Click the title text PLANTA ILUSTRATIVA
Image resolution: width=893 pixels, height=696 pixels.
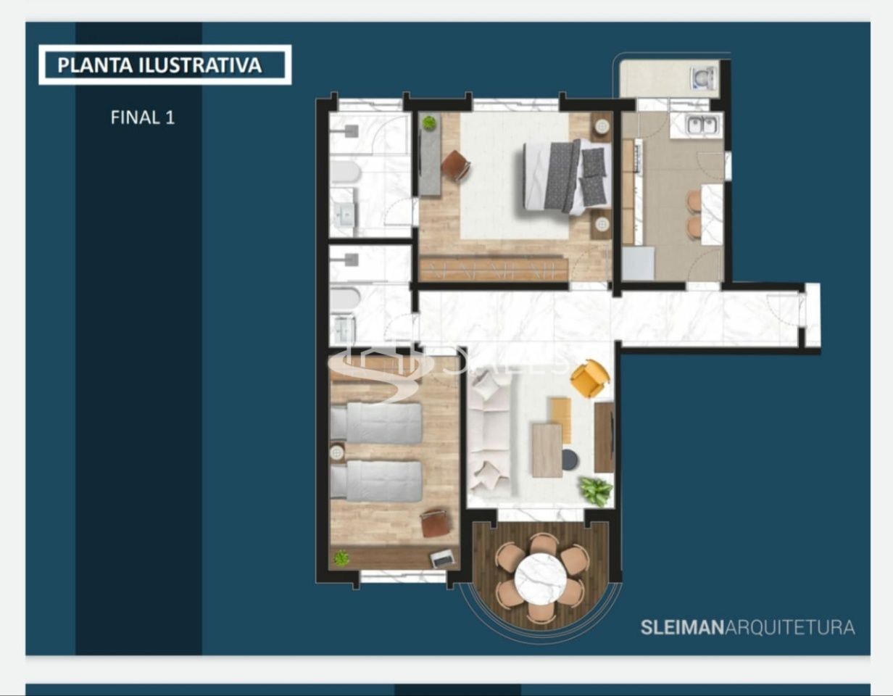(x=159, y=65)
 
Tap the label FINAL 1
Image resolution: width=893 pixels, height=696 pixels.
(x=143, y=117)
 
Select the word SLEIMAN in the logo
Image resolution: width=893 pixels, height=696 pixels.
(x=682, y=627)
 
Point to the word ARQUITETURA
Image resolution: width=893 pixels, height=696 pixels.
(x=790, y=627)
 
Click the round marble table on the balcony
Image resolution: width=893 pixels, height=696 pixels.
(x=541, y=579)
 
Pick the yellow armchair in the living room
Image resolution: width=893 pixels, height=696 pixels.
(x=589, y=378)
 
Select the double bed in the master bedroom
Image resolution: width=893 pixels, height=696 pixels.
(x=567, y=176)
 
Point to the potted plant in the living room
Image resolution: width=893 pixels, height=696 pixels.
(x=596, y=491)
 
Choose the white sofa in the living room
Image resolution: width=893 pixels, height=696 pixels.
(x=487, y=435)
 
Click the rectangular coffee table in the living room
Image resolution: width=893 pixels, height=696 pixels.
(x=547, y=450)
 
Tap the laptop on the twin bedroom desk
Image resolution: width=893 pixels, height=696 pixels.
(x=442, y=558)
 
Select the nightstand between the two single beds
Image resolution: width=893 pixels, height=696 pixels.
(x=336, y=453)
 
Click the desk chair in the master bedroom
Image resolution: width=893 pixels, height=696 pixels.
(x=455, y=166)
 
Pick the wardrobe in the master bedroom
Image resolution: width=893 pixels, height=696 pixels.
(x=493, y=269)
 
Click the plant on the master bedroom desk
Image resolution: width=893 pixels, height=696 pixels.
(x=429, y=123)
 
